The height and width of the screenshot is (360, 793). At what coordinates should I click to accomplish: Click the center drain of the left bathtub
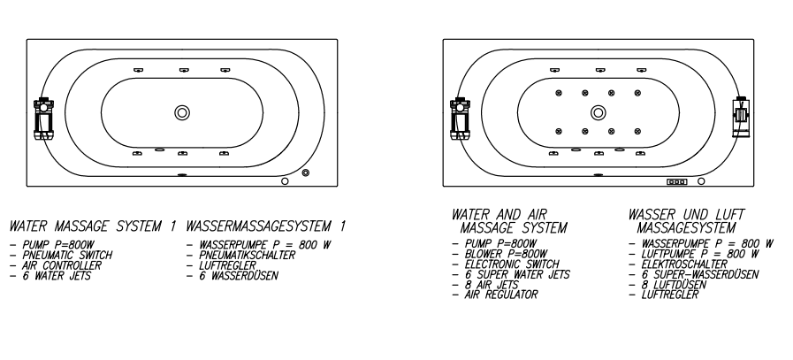click(182, 112)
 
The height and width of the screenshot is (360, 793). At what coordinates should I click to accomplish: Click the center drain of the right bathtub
click(599, 112)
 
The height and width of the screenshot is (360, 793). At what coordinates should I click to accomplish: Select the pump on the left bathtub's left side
click(42, 118)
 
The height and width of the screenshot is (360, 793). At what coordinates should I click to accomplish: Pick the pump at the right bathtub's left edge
click(459, 118)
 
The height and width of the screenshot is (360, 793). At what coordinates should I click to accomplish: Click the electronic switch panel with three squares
click(677, 181)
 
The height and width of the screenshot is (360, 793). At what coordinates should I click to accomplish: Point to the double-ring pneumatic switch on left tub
click(305, 172)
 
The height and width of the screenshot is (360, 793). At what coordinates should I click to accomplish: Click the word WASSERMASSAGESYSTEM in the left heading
click(259, 227)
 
